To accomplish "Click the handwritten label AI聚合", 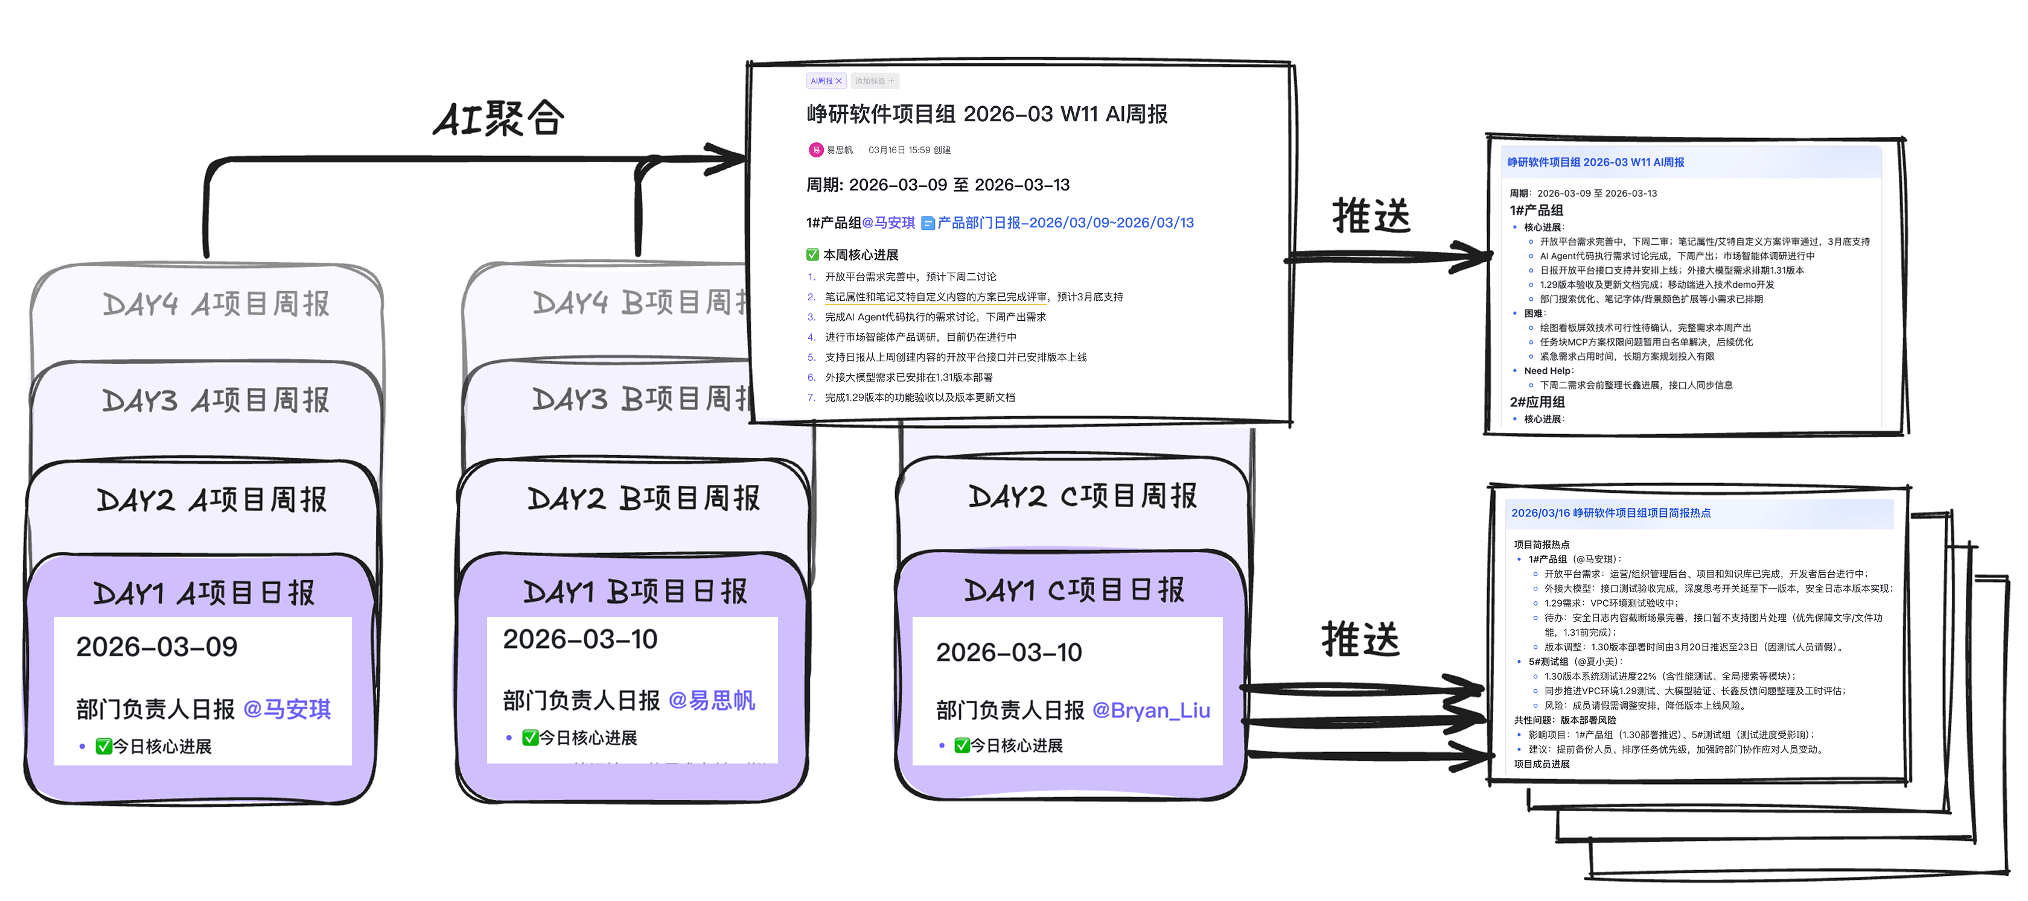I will pos(499,119).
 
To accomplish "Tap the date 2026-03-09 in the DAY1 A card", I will pos(157,647).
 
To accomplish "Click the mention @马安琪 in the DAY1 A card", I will pos(287,709).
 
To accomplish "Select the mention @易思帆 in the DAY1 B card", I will pos(712,700).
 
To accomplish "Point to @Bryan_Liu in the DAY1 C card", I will pos(1151,710).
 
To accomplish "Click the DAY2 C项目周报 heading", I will pos(1082,496).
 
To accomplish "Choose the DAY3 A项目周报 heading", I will pos(215,400).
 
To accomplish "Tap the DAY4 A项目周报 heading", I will pos(215,304).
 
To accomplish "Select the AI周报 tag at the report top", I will pos(825,81).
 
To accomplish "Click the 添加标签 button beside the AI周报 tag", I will pos(874,81).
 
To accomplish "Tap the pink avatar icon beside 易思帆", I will pos(815,150).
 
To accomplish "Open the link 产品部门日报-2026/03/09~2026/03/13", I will pos(1064,223).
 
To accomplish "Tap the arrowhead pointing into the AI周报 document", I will pos(729,158).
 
